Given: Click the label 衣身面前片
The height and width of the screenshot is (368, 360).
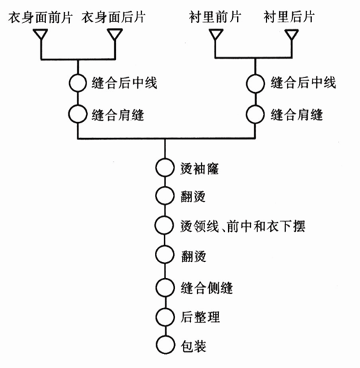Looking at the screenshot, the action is pos(40,17).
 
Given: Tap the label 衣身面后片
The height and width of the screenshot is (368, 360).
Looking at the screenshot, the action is pos(114,17).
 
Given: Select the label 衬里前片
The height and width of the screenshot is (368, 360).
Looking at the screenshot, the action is pos(215,17).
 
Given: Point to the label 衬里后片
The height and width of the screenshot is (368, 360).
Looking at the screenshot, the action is pos(289,17).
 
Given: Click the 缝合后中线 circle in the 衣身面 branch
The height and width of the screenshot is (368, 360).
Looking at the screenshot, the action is pos(77,75).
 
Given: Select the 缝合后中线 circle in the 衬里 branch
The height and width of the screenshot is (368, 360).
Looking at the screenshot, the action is pos(255,75).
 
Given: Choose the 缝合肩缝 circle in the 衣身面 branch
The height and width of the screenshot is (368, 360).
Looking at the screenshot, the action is pos(77,105).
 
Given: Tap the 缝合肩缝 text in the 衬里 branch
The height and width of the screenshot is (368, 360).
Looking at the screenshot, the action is pos(297,115).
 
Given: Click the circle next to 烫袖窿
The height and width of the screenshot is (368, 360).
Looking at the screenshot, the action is pos(165,159).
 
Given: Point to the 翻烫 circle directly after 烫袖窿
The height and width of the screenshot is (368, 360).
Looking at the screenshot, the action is pos(165,187).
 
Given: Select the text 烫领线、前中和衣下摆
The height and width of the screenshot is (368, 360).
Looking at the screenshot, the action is pos(243,227).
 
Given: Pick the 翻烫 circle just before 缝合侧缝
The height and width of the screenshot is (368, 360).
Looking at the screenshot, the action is pos(165,246).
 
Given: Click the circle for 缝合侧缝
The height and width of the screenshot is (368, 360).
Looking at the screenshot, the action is pos(165,279).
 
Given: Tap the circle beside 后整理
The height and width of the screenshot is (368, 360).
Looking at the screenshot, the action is pos(165,308).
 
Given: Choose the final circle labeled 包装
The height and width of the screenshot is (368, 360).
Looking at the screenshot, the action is pos(165,337).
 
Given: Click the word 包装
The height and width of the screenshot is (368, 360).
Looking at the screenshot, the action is pos(193,346).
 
